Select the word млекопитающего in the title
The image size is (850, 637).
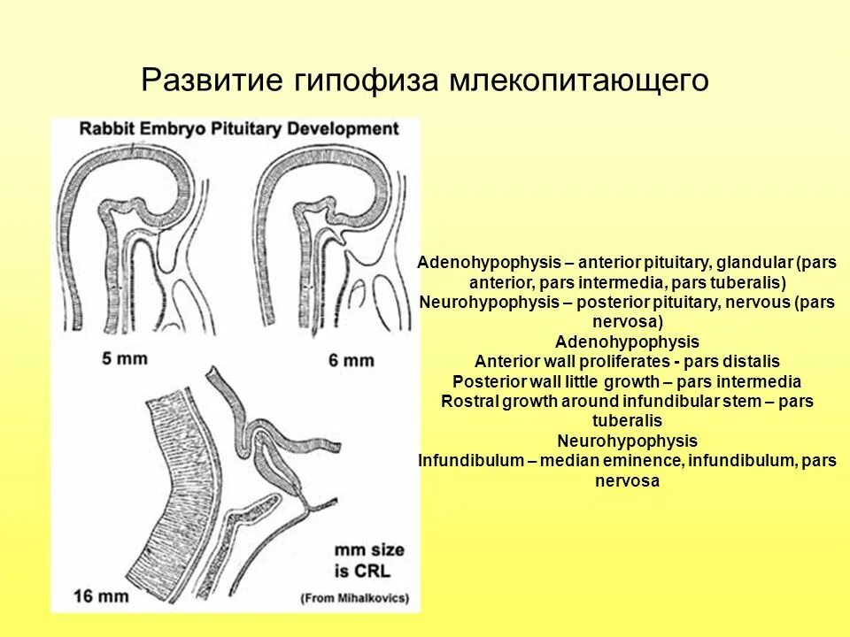pos(580,80)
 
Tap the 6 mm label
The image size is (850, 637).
pos(352,360)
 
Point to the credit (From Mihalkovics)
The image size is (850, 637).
pos(355,598)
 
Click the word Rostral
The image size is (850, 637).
pos(469,402)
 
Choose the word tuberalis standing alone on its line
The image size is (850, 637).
pos(627,421)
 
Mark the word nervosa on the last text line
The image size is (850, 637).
pos(627,481)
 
